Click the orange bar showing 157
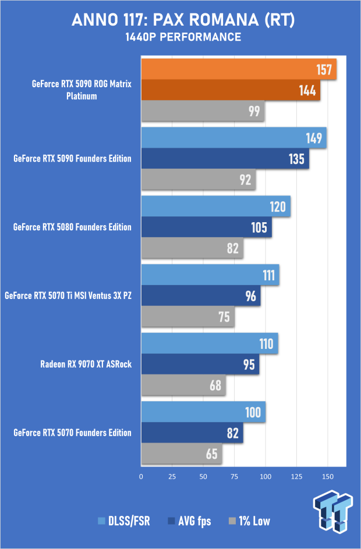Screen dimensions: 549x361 [x=239, y=70]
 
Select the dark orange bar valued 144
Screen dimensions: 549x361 [x=231, y=90]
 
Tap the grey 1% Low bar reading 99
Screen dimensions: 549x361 [x=203, y=111]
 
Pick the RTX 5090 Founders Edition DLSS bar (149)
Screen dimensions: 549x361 [x=233, y=138]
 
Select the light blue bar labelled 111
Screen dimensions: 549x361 [x=210, y=275]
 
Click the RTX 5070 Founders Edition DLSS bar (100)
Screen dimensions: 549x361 [x=203, y=412]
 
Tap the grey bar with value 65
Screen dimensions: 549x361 [x=181, y=454]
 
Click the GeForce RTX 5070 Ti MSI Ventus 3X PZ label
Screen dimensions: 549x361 [x=68, y=295]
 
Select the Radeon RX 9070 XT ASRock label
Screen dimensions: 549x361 [x=86, y=364]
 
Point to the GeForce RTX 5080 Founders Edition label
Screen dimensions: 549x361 [x=72, y=227]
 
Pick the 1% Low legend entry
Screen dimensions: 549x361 [x=251, y=521]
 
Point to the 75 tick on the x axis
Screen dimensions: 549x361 [x=234, y=476]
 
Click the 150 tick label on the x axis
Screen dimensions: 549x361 [x=327, y=476]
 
